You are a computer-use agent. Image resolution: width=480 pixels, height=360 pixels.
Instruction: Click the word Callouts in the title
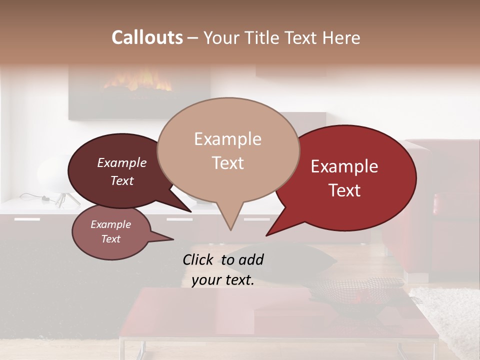[147, 38]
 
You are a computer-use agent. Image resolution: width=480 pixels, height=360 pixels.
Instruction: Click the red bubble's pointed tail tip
[266, 235]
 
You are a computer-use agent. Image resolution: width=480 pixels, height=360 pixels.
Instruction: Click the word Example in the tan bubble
[227, 139]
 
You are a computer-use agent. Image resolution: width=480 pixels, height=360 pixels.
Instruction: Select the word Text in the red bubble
[345, 190]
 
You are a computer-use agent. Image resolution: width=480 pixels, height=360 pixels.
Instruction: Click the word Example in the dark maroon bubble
[121, 163]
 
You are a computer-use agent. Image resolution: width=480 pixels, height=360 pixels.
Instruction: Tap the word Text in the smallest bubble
[110, 239]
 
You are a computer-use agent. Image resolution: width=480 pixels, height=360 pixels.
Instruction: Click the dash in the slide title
[193, 38]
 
